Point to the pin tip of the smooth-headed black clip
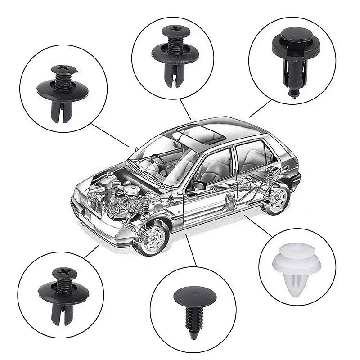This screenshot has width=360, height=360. pos(293,93)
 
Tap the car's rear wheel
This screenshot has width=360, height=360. pos(275,198)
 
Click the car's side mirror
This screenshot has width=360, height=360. pos(198,185)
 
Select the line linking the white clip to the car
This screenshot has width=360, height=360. pos(258,225)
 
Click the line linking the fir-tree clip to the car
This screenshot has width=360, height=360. pos(191,250)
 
